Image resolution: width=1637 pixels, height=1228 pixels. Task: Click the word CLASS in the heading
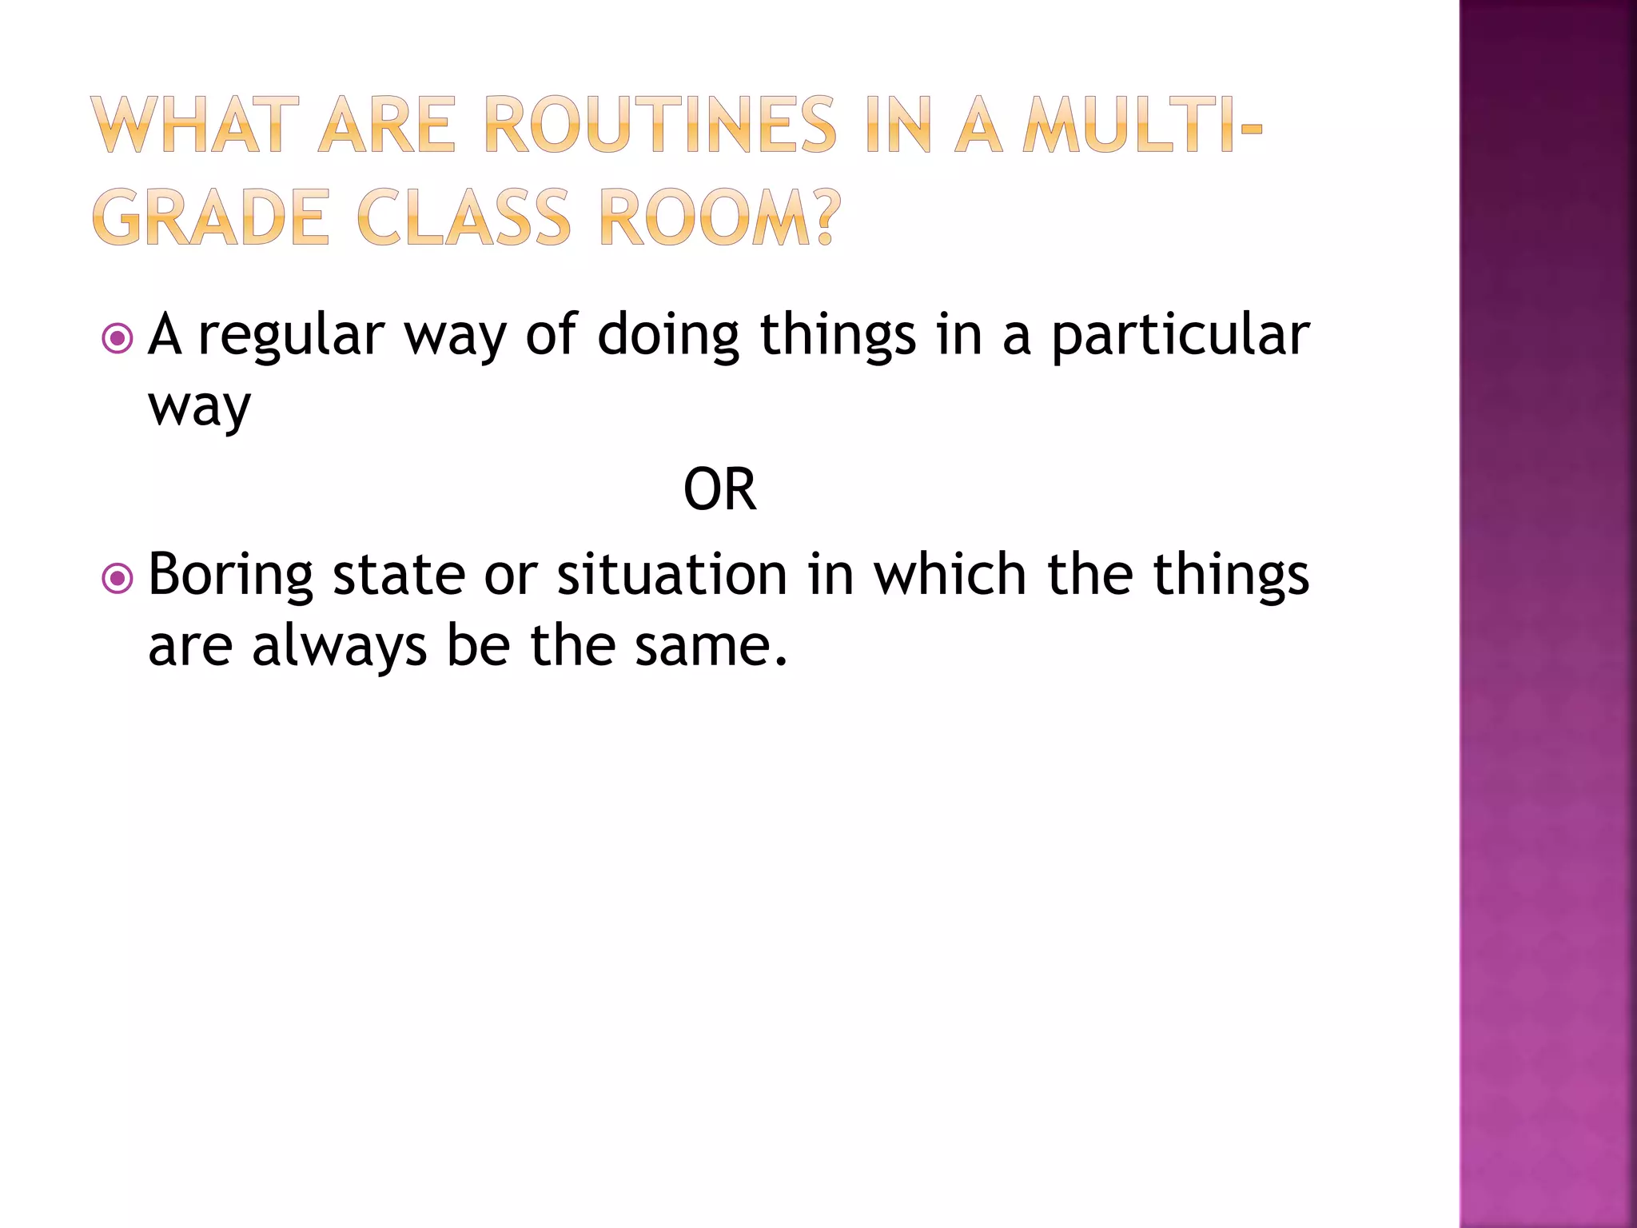(x=464, y=217)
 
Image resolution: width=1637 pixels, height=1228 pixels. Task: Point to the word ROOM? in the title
(x=719, y=217)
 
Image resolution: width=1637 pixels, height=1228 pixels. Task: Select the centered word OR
(x=719, y=489)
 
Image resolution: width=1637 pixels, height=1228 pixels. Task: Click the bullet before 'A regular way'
(x=117, y=338)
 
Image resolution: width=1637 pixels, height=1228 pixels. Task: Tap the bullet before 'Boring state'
(x=117, y=578)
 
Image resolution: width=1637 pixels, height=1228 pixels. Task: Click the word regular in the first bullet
(x=291, y=336)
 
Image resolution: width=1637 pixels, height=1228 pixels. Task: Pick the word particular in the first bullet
(x=1180, y=336)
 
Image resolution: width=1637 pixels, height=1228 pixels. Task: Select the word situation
(x=671, y=576)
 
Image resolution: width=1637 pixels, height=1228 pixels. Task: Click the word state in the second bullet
(x=398, y=576)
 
